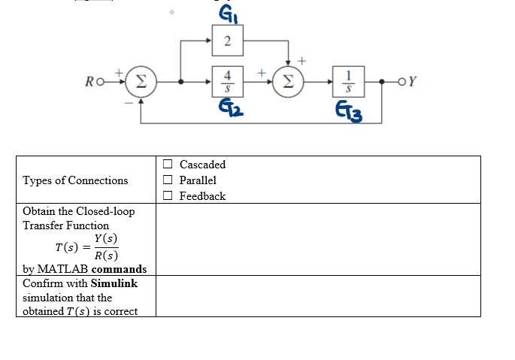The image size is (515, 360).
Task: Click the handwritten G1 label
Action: tap(226, 14)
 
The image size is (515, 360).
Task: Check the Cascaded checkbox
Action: tap(168, 165)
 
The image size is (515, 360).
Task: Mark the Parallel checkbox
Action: tap(168, 180)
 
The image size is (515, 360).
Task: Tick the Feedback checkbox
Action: tap(168, 196)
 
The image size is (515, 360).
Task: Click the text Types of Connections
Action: tap(75, 180)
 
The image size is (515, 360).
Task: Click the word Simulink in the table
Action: tap(114, 283)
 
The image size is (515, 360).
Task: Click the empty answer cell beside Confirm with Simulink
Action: tap(317, 296)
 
